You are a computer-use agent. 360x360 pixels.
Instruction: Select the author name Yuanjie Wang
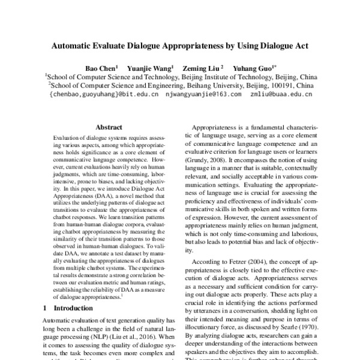tap(152, 68)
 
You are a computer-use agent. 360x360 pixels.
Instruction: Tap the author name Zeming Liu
tap(205, 68)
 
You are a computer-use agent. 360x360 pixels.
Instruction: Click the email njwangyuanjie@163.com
tap(203, 95)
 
